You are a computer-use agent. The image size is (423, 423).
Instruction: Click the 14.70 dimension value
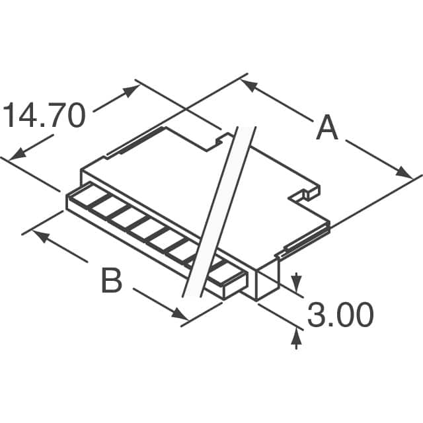point(45,116)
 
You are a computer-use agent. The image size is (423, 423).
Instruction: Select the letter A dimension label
point(327,128)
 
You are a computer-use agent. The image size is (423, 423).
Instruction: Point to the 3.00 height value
point(340,317)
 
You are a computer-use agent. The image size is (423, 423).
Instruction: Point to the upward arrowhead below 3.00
point(296,339)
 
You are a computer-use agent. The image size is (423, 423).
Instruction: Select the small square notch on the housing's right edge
point(307,194)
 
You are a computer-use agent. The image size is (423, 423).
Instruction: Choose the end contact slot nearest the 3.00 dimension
point(224,278)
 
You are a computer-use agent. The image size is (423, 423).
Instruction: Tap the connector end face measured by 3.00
point(266,283)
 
